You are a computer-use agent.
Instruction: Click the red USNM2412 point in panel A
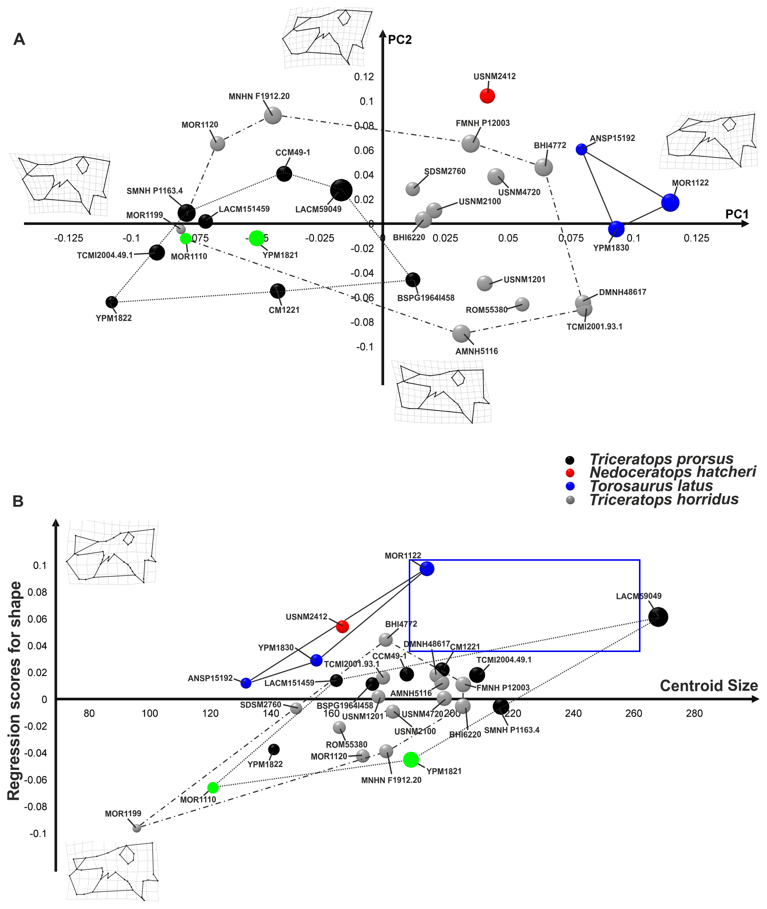pyautogui.click(x=487, y=96)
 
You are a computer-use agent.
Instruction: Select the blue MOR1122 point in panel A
pyautogui.click(x=670, y=202)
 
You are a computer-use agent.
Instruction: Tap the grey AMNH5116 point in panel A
pyautogui.click(x=461, y=334)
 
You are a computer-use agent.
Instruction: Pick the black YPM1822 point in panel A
pyautogui.click(x=112, y=302)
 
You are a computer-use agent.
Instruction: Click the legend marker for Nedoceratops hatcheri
pyautogui.click(x=570, y=473)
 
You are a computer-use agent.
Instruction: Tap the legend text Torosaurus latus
pyautogui.click(x=651, y=486)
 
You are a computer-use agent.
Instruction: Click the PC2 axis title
pyautogui.click(x=399, y=40)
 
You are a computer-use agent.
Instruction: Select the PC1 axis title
pyautogui.click(x=737, y=214)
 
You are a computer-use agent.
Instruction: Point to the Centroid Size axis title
pyautogui.click(x=708, y=686)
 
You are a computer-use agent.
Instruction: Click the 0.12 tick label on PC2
pyautogui.click(x=364, y=77)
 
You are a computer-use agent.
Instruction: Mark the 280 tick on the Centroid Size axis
pyautogui.click(x=694, y=713)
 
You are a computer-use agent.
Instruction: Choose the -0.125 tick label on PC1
pyautogui.click(x=69, y=238)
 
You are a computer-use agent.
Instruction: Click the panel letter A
pyautogui.click(x=19, y=40)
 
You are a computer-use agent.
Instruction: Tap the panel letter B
pyautogui.click(x=18, y=501)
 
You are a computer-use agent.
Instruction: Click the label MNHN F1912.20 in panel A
pyautogui.click(x=259, y=97)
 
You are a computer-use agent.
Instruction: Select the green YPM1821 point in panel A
pyautogui.click(x=256, y=238)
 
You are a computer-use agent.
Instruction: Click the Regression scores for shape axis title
pyautogui.click(x=14, y=691)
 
